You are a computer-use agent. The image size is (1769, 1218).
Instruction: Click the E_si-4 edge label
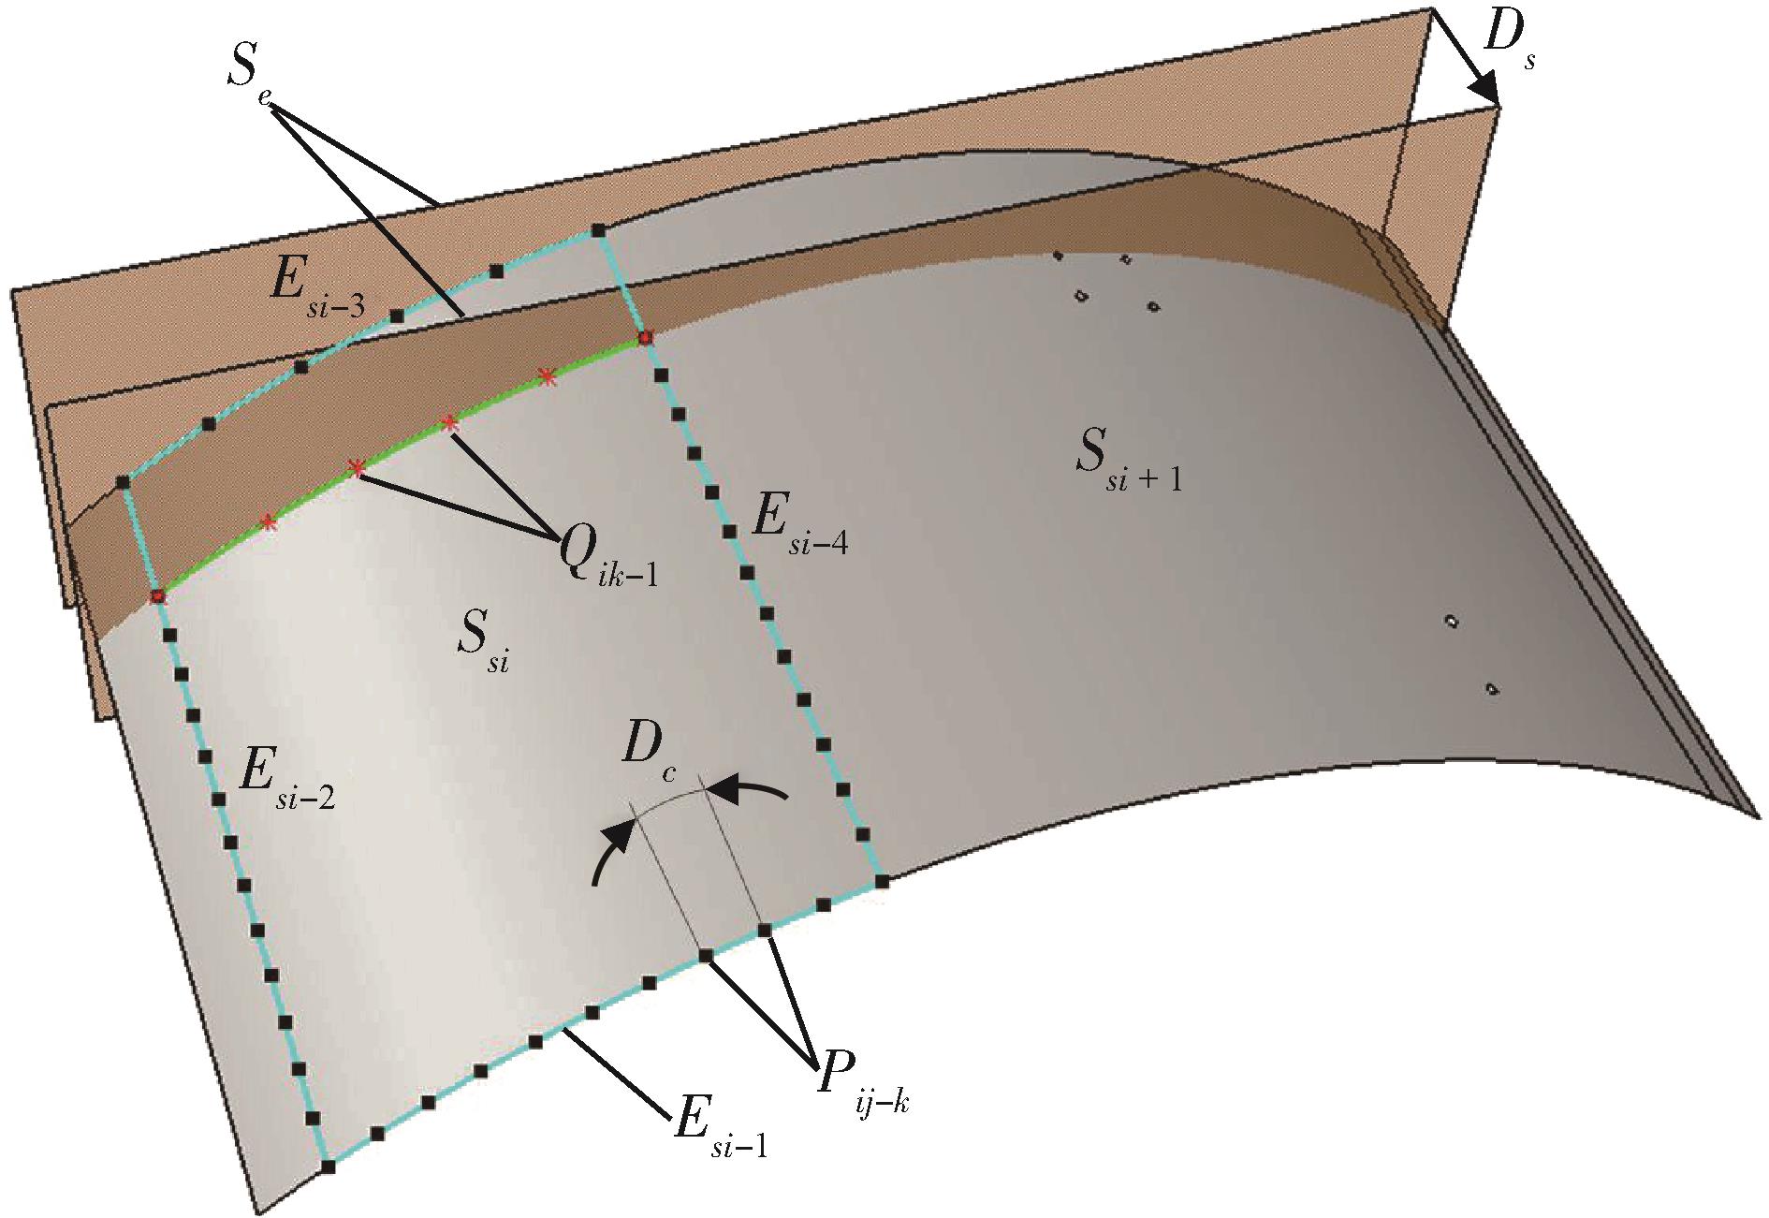[x=801, y=535]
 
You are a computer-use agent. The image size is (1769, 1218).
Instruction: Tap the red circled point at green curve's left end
[x=157, y=595]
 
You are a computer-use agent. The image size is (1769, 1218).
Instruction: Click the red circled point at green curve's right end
[x=644, y=337]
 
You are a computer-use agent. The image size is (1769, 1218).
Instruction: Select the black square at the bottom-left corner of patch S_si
[x=329, y=1167]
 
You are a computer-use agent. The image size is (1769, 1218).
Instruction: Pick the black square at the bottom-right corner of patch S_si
[x=882, y=881]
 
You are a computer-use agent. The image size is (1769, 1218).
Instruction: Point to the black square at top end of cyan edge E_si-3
[x=598, y=230]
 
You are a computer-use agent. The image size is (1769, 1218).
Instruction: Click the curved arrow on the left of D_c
[x=612, y=847]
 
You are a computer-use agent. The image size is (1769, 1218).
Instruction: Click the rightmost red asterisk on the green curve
[x=547, y=377]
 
